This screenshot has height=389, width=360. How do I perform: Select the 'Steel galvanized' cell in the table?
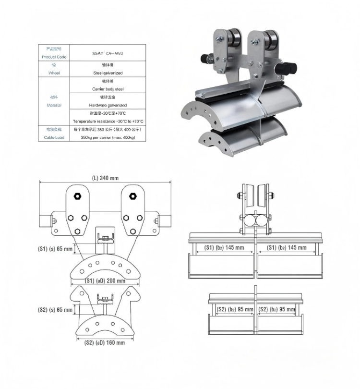pyautogui.click(x=108, y=73)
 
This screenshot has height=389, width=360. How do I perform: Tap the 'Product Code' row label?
pyautogui.click(x=54, y=57)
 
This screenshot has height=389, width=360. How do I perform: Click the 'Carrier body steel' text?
pyautogui.click(x=108, y=89)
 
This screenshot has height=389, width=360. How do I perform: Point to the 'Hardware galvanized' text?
pyautogui.click(x=108, y=105)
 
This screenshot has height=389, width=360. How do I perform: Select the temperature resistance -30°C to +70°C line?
pyautogui.click(x=108, y=122)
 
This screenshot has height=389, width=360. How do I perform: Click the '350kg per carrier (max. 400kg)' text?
pyautogui.click(x=108, y=138)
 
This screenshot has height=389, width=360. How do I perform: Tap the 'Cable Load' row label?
pyautogui.click(x=54, y=138)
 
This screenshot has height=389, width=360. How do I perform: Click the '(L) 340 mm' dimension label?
pyautogui.click(x=105, y=178)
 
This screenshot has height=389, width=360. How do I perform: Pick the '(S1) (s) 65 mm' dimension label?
pyautogui.click(x=55, y=250)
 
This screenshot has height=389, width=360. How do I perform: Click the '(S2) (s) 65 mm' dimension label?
pyautogui.click(x=55, y=310)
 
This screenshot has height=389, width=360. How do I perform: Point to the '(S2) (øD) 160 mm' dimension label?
pyautogui.click(x=105, y=342)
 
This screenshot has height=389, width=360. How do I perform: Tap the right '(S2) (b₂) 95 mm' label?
pyautogui.click(x=276, y=310)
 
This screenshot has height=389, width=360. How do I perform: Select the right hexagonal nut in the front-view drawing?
pyautogui.click(x=133, y=195)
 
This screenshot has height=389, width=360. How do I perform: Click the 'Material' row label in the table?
pyautogui.click(x=54, y=105)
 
